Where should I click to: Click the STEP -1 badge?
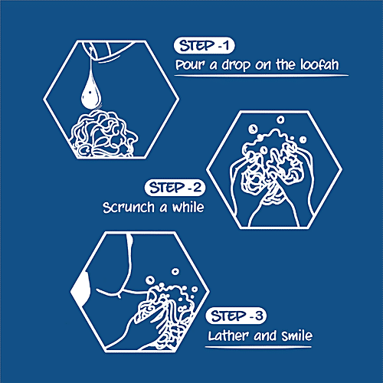[204, 46]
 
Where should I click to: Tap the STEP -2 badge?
[175, 188]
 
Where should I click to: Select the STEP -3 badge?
[236, 316]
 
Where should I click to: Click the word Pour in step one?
[190, 65]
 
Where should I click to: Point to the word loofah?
[319, 64]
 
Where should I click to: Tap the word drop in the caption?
[236, 65]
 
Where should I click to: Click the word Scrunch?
[129, 208]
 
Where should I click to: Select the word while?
[188, 207]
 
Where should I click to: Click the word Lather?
[228, 336]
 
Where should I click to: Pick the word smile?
[297, 336]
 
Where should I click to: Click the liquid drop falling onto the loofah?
[91, 93]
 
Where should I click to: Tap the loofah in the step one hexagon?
[103, 134]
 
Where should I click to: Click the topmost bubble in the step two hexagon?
[280, 119]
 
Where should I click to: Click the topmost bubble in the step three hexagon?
[175, 271]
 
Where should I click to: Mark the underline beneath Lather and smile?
[258, 347]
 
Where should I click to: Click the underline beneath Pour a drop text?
[261, 76]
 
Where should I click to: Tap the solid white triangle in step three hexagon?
[80, 288]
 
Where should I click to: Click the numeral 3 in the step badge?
[259, 316]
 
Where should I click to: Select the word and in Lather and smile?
[265, 336]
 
